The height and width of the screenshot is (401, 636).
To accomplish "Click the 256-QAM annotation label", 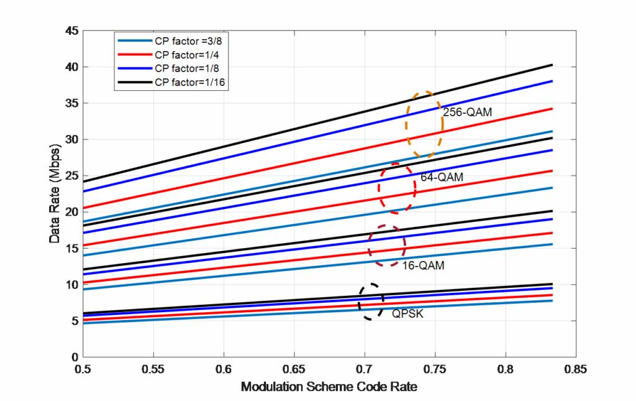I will [x=468, y=113].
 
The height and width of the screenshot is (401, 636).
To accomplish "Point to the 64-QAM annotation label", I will [x=442, y=177].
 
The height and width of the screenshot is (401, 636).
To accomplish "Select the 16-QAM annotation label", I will [x=422, y=265].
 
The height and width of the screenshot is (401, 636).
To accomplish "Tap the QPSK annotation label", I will [x=407, y=314].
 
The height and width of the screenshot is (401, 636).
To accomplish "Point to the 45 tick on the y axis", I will [x=73, y=30].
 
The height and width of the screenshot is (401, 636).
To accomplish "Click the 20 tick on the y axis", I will [x=73, y=212].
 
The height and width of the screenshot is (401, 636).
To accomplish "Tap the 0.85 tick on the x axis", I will [x=576, y=368].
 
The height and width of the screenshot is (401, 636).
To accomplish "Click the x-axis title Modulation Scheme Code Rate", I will [x=329, y=386].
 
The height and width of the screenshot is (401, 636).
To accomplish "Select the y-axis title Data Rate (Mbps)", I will [x=55, y=194].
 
